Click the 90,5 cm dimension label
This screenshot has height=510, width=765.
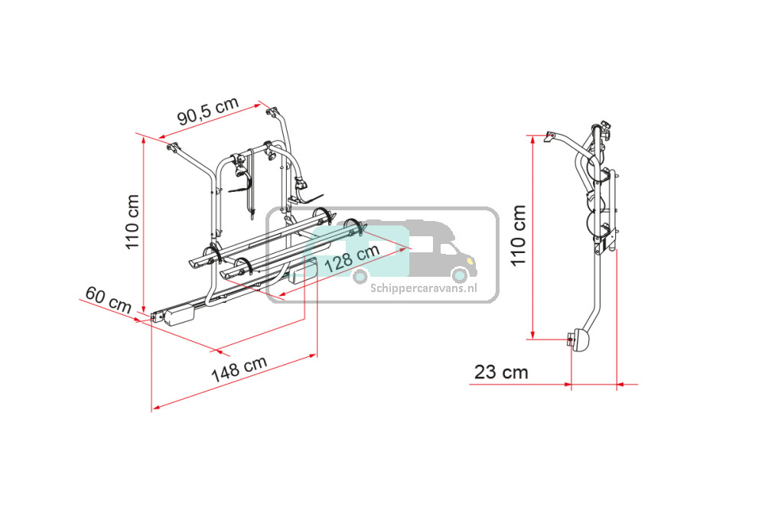pyautogui.click(x=208, y=111)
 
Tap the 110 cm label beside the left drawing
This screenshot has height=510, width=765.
pyautogui.click(x=132, y=222)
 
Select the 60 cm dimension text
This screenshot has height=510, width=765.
pyautogui.click(x=109, y=300)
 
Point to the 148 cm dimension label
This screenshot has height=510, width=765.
pyautogui.click(x=239, y=369)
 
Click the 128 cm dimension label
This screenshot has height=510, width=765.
pyautogui.click(x=352, y=258)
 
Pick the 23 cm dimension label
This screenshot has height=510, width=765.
pyautogui.click(x=501, y=372)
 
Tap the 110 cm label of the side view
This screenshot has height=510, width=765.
pyautogui.click(x=519, y=236)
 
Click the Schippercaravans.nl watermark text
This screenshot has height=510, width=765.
pyautogui.click(x=424, y=288)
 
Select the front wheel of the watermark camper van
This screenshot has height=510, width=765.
pyautogui.click(x=460, y=275)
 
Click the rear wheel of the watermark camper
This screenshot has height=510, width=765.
pyautogui.click(x=360, y=276)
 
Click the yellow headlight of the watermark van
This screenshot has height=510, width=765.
pyautogui.click(x=470, y=261)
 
